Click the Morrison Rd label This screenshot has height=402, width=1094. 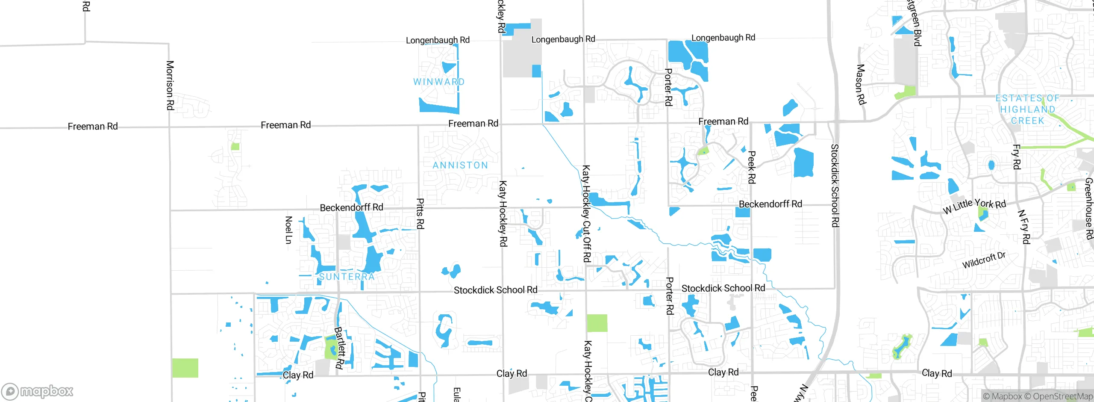pos(170,86)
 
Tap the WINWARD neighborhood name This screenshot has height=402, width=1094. pos(439,82)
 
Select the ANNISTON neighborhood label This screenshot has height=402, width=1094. pos(460,166)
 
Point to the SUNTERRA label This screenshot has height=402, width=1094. pos(347,277)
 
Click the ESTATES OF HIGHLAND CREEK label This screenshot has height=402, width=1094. pos(1028,109)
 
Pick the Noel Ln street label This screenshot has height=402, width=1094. pos(289,230)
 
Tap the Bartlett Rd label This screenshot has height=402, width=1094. pos(339,348)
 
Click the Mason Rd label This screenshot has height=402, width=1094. pos(861,84)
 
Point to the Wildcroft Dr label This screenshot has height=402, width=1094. pos(984,260)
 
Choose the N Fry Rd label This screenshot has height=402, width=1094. pos(1024,227)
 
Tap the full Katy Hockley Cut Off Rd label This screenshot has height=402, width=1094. pos(587,214)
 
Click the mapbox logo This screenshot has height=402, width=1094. pos(38,391)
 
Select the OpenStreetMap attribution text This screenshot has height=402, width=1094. pos(1062,396)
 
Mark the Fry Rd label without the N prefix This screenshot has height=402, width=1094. pos(1016,157)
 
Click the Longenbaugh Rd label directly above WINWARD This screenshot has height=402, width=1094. pos(438,40)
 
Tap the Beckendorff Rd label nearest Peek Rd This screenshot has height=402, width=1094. pos(770,204)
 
